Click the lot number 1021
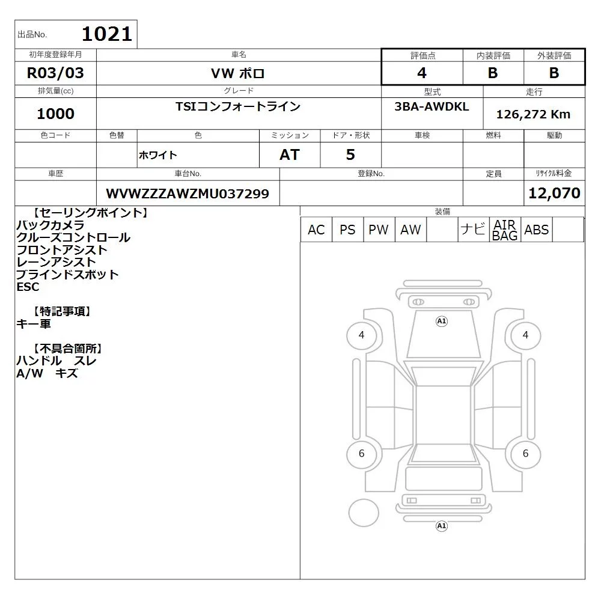point(107,34)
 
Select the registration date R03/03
point(55,73)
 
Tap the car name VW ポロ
point(238,73)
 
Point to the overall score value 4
point(422,73)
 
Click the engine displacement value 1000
point(55,114)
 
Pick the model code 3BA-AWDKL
point(432,106)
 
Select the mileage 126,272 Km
point(533,114)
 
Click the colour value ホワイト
point(157,155)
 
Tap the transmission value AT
point(290,154)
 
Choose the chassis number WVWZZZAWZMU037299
point(188,194)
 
